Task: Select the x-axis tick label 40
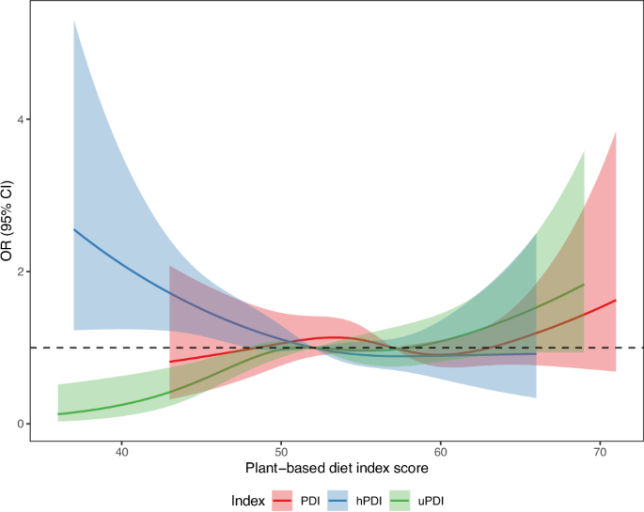pos(121,450)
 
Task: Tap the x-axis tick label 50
pos(280,450)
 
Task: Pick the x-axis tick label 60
pos(440,450)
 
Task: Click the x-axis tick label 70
pos(599,450)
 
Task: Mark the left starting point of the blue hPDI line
pos(73,229)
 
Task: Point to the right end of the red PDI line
pos(616,300)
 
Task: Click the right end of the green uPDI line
pos(584,284)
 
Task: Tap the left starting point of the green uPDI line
pos(58,414)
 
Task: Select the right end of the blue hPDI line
pos(536,354)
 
